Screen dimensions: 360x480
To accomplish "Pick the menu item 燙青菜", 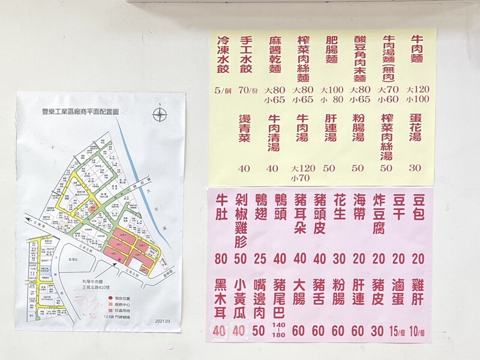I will click(x=244, y=128).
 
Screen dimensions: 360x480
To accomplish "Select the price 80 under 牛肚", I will click(x=221, y=259).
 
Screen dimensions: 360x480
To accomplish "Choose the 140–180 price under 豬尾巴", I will click(x=278, y=330).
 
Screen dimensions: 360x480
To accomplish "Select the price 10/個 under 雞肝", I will click(x=418, y=331).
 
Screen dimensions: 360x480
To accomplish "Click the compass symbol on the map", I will click(x=159, y=114).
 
